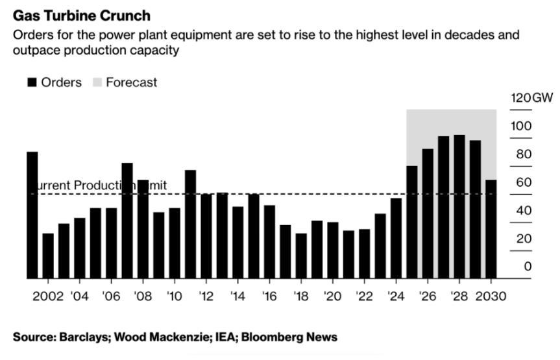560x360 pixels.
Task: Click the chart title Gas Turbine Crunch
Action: point(82,15)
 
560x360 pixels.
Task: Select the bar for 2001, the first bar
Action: point(32,215)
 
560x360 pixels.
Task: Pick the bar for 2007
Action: point(127,221)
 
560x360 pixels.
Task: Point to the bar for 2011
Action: point(191,224)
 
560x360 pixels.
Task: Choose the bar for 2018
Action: point(301,256)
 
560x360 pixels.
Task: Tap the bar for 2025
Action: point(412,222)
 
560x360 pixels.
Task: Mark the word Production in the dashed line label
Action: point(103,186)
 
